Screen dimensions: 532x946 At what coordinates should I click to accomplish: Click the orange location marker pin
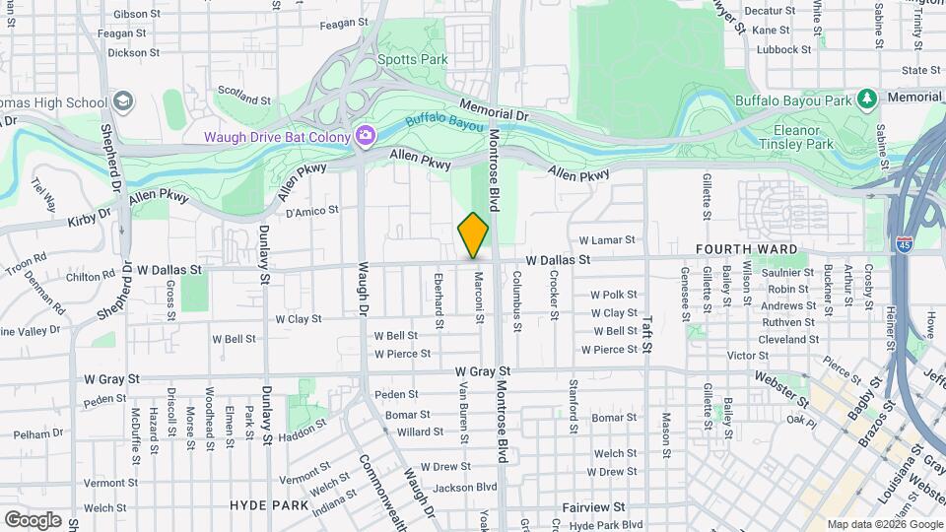coord(473,235)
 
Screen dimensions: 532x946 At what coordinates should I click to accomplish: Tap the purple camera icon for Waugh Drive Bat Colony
coord(366,135)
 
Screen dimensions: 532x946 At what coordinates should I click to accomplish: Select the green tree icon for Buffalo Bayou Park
coord(866,99)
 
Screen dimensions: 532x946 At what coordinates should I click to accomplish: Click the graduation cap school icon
coord(123,101)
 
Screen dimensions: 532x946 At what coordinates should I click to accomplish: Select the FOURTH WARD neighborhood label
coord(746,249)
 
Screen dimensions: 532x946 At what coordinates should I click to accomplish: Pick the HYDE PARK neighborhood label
coord(270,504)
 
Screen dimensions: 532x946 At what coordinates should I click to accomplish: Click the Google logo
coord(33,519)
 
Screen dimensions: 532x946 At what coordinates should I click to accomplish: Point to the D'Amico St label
coord(311,210)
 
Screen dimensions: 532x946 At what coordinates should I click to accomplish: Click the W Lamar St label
coord(607,239)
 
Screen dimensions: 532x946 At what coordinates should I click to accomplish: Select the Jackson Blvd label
coord(465,487)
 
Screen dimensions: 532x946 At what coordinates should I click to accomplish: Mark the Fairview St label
coord(593,506)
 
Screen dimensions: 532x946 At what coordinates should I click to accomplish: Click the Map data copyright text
coord(884,524)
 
